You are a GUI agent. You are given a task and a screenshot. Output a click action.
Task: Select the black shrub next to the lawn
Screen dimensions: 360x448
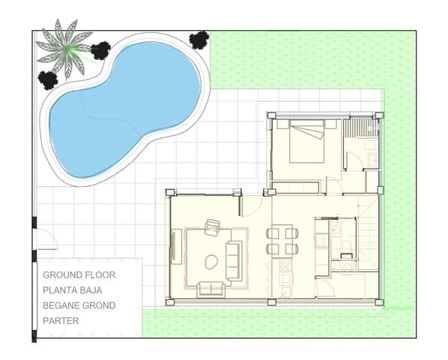199,40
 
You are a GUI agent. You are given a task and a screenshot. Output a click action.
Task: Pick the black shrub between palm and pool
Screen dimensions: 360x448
100,51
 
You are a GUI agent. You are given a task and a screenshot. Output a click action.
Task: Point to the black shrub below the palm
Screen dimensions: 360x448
49,79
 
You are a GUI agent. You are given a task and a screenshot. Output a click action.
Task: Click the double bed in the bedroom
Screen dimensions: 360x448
306,142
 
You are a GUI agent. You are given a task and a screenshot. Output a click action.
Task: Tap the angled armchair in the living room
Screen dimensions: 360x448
213,226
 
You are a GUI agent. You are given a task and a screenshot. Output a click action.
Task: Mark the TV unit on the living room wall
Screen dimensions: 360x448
174,247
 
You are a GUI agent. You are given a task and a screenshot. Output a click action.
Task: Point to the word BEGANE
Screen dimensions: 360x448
61,305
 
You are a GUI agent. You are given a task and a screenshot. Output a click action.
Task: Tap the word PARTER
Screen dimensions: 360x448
61,320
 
